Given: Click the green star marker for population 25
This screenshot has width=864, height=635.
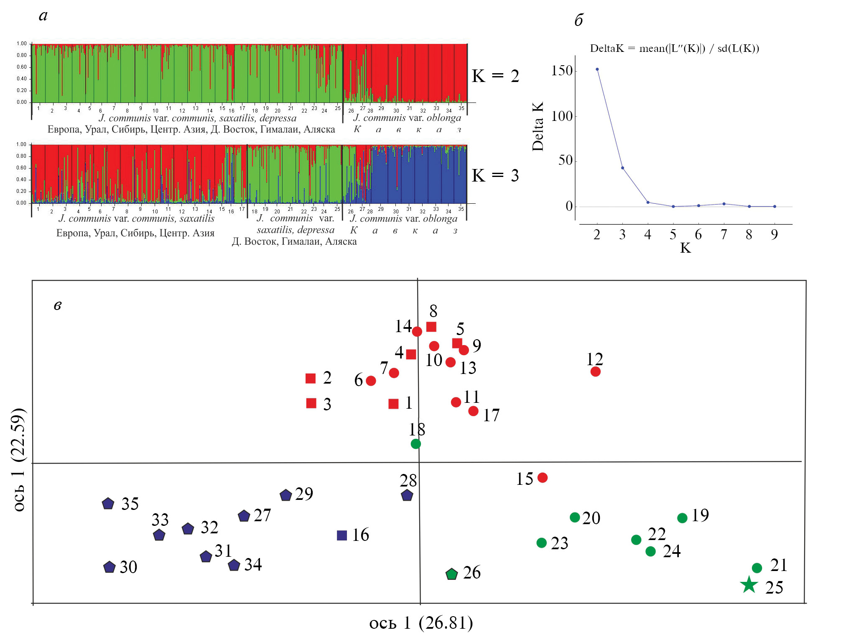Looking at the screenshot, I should [x=749, y=585].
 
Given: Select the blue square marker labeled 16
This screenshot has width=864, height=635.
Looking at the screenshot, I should [x=342, y=535].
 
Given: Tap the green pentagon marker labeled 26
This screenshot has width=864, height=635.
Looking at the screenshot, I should [x=451, y=574].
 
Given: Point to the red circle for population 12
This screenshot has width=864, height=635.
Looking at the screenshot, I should [x=595, y=371].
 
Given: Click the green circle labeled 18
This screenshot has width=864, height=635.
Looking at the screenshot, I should [x=415, y=443].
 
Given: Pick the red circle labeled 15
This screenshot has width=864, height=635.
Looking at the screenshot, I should [x=542, y=477].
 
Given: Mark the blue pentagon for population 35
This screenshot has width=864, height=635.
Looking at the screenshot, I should [x=108, y=504].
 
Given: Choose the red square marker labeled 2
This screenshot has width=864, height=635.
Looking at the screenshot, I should [x=311, y=379].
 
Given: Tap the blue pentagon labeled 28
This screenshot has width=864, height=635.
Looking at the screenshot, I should [x=407, y=496].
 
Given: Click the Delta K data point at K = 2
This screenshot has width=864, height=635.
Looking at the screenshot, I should [x=597, y=69].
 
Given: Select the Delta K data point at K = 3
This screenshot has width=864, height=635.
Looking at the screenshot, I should [x=622, y=168].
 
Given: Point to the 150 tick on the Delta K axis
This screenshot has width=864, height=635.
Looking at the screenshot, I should [x=562, y=71].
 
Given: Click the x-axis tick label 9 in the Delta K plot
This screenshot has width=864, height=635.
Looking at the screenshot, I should [x=774, y=235].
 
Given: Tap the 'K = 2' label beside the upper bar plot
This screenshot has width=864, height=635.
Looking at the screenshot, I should [x=495, y=76].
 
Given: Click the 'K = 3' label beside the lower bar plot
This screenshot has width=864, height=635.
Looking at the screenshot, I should [x=495, y=175].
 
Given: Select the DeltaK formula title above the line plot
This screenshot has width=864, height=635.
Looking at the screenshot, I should [x=674, y=49].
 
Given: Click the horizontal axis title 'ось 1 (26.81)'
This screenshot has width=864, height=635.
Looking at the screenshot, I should [x=421, y=623].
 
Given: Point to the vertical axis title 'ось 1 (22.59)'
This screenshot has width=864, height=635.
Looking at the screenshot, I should [x=19, y=459].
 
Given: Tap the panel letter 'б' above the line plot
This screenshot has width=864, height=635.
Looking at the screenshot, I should [x=579, y=20].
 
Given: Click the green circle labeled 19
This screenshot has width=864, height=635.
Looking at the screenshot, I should [x=682, y=518].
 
